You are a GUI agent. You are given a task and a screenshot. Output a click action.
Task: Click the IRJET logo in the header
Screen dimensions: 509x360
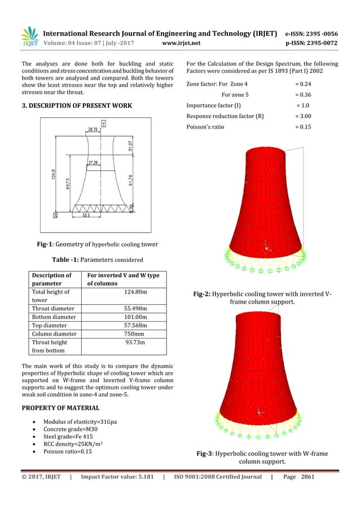pyautogui.click(x=29, y=37)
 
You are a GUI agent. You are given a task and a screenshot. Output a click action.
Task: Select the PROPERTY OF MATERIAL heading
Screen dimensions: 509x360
pyautogui.click(x=60, y=407)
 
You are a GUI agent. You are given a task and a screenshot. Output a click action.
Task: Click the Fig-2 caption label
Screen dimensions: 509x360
pyautogui.click(x=204, y=294)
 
